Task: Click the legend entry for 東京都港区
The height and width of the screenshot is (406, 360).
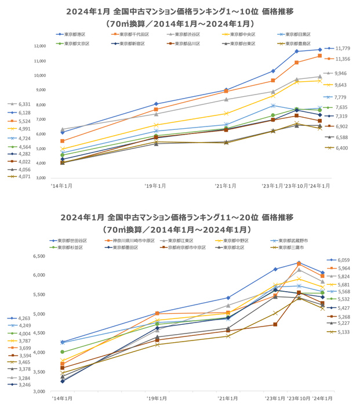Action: coord(74,35)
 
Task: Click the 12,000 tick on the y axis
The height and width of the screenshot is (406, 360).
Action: coord(40,46)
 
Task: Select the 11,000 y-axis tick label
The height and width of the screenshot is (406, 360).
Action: coord(40,61)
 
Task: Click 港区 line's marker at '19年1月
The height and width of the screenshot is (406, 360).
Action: coord(156,104)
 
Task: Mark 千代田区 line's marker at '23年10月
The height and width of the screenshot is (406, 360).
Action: coord(297,63)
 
